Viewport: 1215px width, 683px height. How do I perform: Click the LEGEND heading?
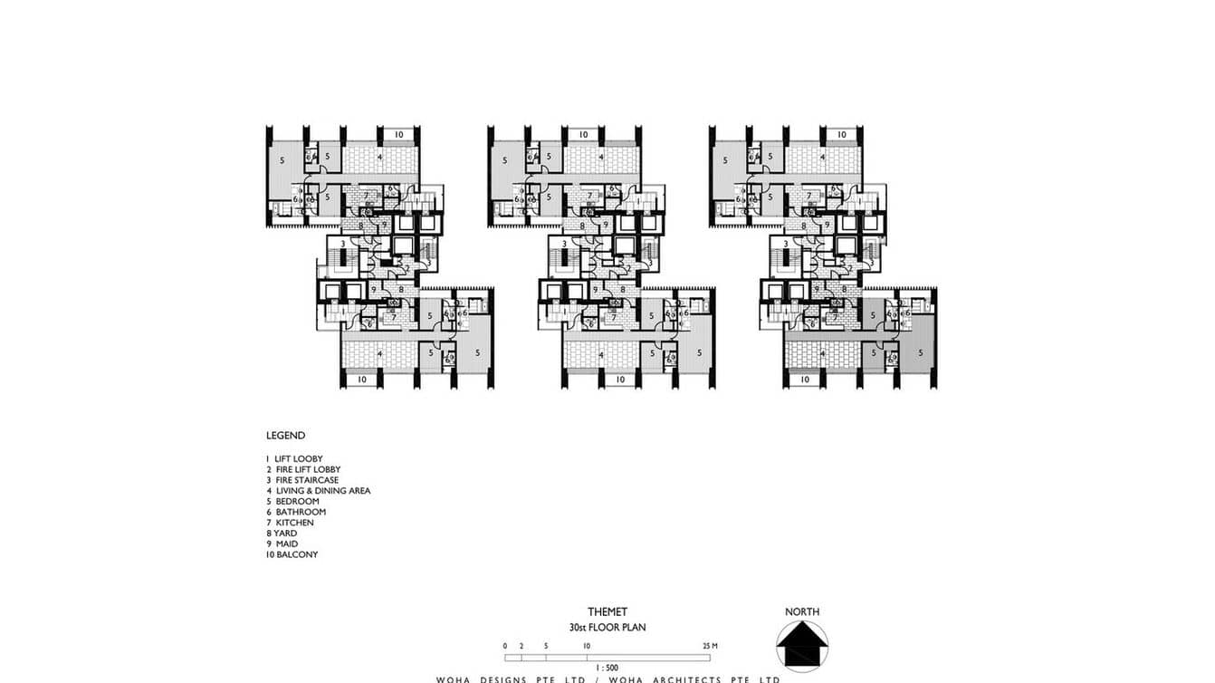pyautogui.click(x=285, y=436)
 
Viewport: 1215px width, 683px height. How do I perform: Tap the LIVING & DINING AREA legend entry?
pyautogui.click(x=318, y=491)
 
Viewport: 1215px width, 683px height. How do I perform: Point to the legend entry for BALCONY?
pyautogui.click(x=292, y=554)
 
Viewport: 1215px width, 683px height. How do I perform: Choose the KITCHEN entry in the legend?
pyautogui.click(x=290, y=523)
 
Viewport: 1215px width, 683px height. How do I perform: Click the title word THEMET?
pyautogui.click(x=607, y=612)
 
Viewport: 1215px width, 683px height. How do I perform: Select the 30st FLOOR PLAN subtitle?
pyautogui.click(x=607, y=627)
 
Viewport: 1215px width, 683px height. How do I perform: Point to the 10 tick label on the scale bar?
pyautogui.click(x=587, y=646)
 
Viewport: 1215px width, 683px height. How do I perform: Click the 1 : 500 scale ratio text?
pyautogui.click(x=607, y=668)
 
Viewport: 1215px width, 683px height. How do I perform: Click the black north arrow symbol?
pyautogui.click(x=801, y=646)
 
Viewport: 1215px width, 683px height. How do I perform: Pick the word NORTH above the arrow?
pyautogui.click(x=801, y=612)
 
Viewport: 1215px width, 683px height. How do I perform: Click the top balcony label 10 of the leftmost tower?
pyautogui.click(x=398, y=135)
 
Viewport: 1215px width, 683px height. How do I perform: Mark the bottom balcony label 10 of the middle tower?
pyautogui.click(x=620, y=380)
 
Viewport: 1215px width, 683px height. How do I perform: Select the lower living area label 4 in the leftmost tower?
pyautogui.click(x=379, y=353)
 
